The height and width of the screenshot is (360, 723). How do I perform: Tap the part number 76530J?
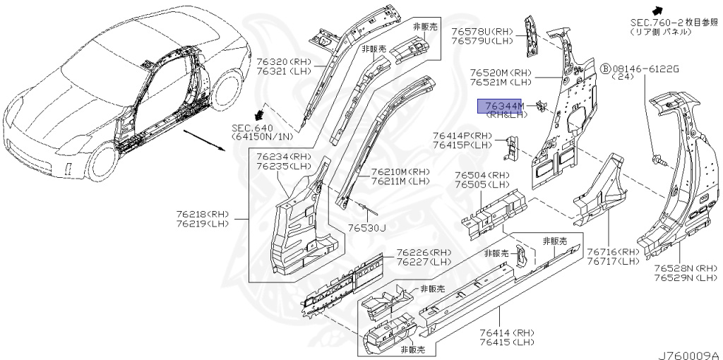(366, 228)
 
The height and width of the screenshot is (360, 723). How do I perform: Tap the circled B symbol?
(605, 68)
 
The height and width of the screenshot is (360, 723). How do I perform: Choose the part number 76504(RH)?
(482, 176)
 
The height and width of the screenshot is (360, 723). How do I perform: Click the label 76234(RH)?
(283, 157)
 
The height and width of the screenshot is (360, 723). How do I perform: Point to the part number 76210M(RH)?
(400, 172)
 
